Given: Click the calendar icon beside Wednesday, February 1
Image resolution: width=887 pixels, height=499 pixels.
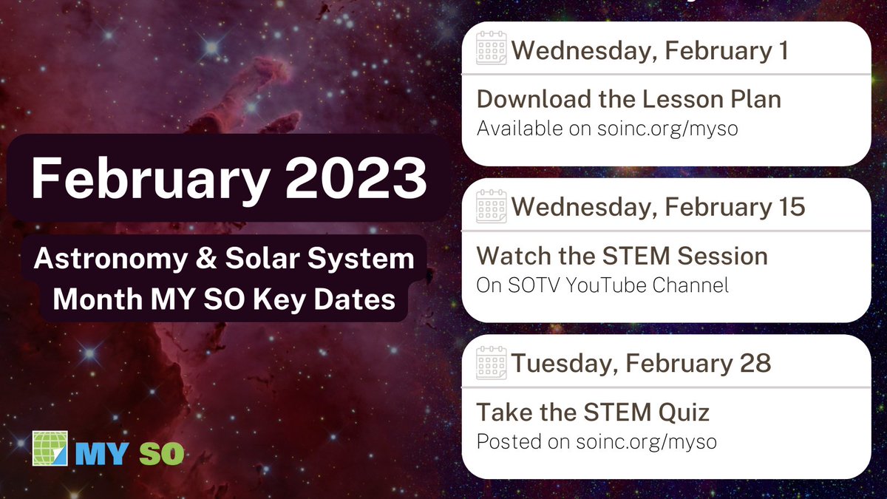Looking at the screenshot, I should pyautogui.click(x=492, y=50).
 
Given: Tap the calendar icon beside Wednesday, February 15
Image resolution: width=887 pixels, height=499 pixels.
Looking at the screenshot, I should pyautogui.click(x=492, y=206).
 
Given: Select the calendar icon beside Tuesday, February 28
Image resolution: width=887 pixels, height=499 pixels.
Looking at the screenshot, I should pyautogui.click(x=492, y=363).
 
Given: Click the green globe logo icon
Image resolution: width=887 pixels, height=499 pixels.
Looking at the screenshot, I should pyautogui.click(x=50, y=449).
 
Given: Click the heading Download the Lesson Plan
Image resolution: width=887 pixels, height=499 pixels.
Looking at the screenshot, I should pyautogui.click(x=628, y=99).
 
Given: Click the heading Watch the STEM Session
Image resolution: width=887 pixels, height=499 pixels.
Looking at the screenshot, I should pyautogui.click(x=622, y=256).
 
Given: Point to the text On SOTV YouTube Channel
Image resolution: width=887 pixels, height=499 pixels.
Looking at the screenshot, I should pyautogui.click(x=602, y=285).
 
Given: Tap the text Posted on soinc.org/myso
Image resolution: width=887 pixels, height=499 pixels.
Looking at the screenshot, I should pyautogui.click(x=597, y=441).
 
